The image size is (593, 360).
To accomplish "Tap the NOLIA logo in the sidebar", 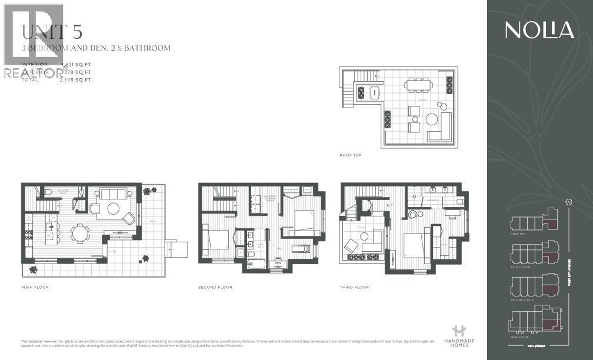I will (x=539, y=30).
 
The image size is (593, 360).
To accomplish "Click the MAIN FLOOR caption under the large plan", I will (x=35, y=287).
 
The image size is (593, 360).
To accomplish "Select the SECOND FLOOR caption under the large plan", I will (x=215, y=287).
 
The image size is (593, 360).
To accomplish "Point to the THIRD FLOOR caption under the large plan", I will (x=354, y=287).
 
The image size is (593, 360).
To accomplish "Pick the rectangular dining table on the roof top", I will (x=418, y=85).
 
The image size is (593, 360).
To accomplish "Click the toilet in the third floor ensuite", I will (x=459, y=201).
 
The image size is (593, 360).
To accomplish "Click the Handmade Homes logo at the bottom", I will (x=458, y=336).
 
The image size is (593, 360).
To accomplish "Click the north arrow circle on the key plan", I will (x=568, y=202).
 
